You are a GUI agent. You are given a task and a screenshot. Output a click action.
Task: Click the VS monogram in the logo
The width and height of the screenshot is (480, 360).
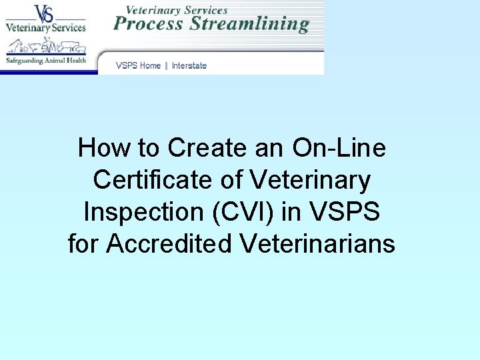(45, 13)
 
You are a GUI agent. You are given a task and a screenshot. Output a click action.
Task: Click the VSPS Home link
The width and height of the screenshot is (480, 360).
(138, 65)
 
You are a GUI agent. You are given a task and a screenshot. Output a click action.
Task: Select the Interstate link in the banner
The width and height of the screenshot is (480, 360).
(189, 65)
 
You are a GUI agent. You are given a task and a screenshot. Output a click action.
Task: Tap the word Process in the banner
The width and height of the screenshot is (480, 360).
(148, 24)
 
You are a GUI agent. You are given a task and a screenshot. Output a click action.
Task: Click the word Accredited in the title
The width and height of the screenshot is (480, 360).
(169, 244)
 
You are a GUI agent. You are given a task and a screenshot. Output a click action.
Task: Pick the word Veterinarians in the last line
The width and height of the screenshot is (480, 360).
(317, 244)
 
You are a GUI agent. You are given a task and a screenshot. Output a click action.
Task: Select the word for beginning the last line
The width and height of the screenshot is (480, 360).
(83, 244)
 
